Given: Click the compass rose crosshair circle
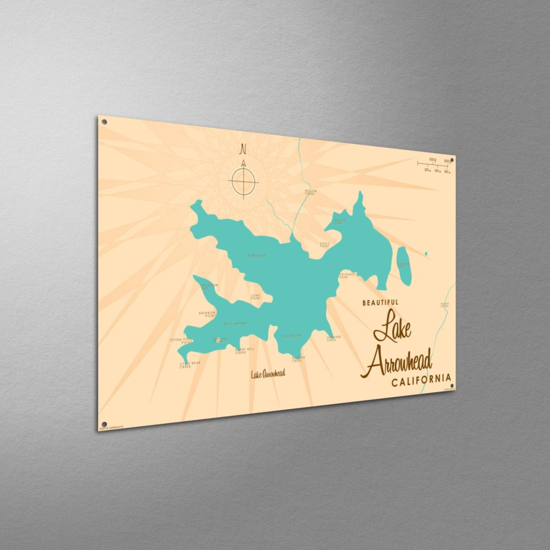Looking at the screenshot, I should point(243,181).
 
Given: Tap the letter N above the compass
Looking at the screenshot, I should point(243,149).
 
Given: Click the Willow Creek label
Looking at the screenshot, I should point(311,192).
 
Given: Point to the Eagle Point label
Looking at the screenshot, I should point(324,245).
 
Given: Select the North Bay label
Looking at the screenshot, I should point(256,255).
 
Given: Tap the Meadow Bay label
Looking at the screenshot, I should point(210,286).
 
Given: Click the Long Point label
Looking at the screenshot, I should point(256,297).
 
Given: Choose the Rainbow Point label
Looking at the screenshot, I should point(207,314).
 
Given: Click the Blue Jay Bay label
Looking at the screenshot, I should point(235,324).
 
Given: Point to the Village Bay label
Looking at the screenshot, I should point(292,336).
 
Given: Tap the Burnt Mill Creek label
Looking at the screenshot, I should point(244,351).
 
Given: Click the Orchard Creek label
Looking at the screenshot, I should point(334,338).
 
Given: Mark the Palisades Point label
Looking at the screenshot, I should point(347,275).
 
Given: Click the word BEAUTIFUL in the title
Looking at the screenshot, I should point(380,302).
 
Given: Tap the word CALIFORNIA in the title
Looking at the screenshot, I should point(421,380).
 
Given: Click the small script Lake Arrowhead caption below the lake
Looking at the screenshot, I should point(268,374).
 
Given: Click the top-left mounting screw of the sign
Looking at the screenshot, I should point(104,122).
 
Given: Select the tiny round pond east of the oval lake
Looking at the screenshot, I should point(426,253).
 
